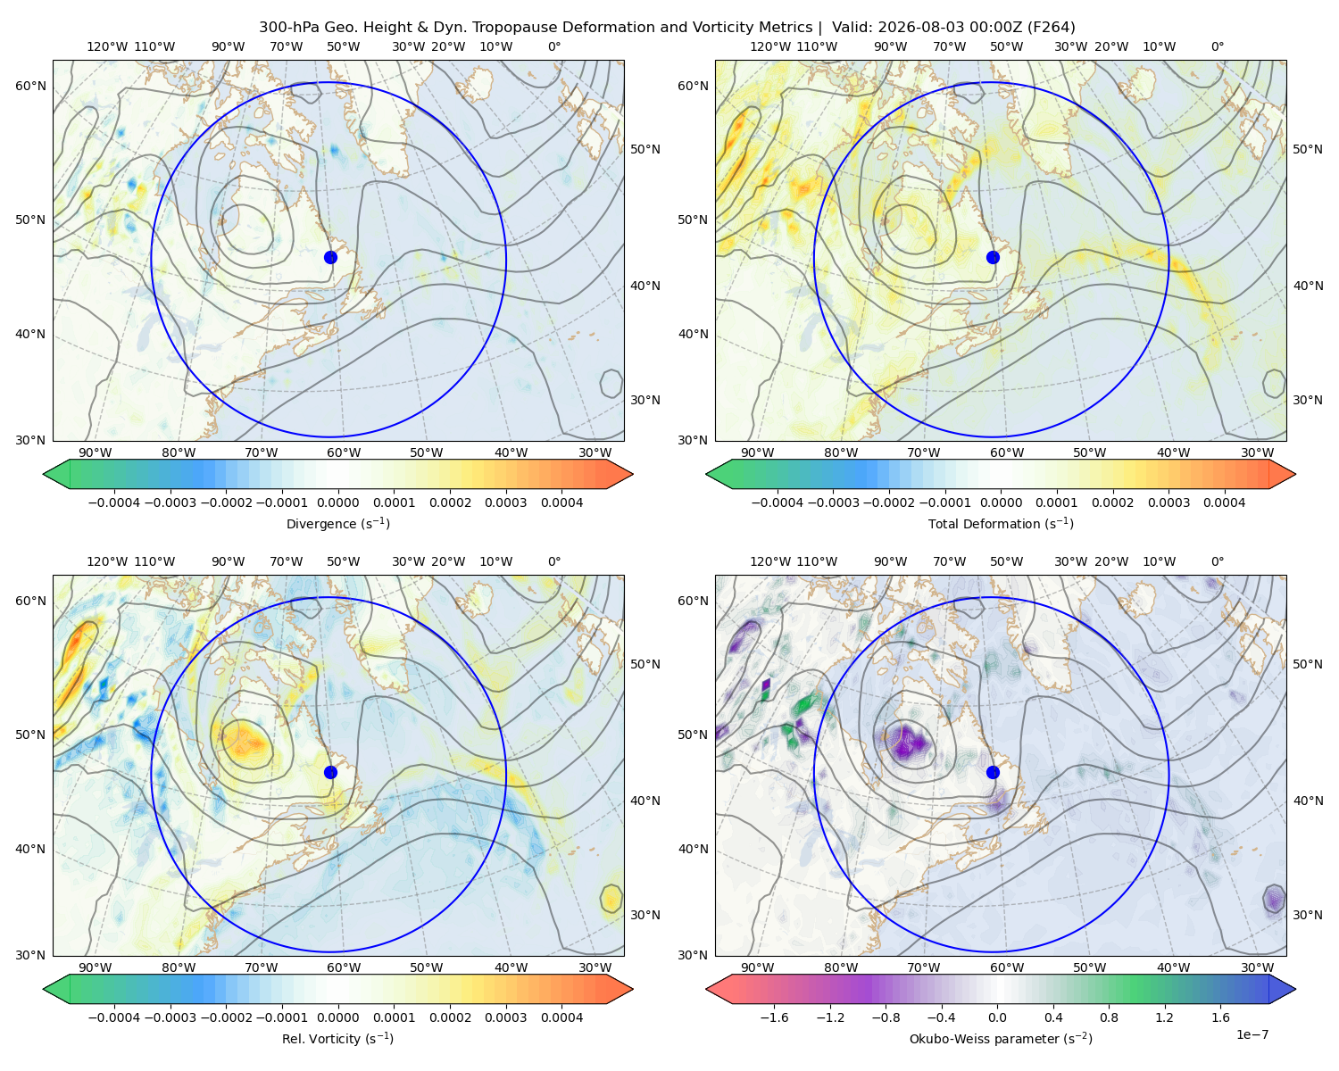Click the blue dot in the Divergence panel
[330, 257]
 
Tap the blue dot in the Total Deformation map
[993, 257]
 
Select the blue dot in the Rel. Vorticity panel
[330, 772]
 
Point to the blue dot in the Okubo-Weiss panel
[993, 772]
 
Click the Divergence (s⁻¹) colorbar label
[337, 523]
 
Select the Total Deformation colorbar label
[1001, 523]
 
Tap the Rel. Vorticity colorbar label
[337, 1038]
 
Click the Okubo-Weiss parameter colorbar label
[1001, 1038]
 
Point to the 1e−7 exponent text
[1252, 1034]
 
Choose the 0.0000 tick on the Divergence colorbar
[337, 502]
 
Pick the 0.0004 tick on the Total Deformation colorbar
[1224, 502]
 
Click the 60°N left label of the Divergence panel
[30, 86]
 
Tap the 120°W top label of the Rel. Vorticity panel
[107, 561]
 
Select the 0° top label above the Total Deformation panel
[1217, 46]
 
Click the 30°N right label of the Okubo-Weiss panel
[1308, 915]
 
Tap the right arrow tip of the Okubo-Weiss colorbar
[1295, 989]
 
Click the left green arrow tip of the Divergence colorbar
[44, 474]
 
